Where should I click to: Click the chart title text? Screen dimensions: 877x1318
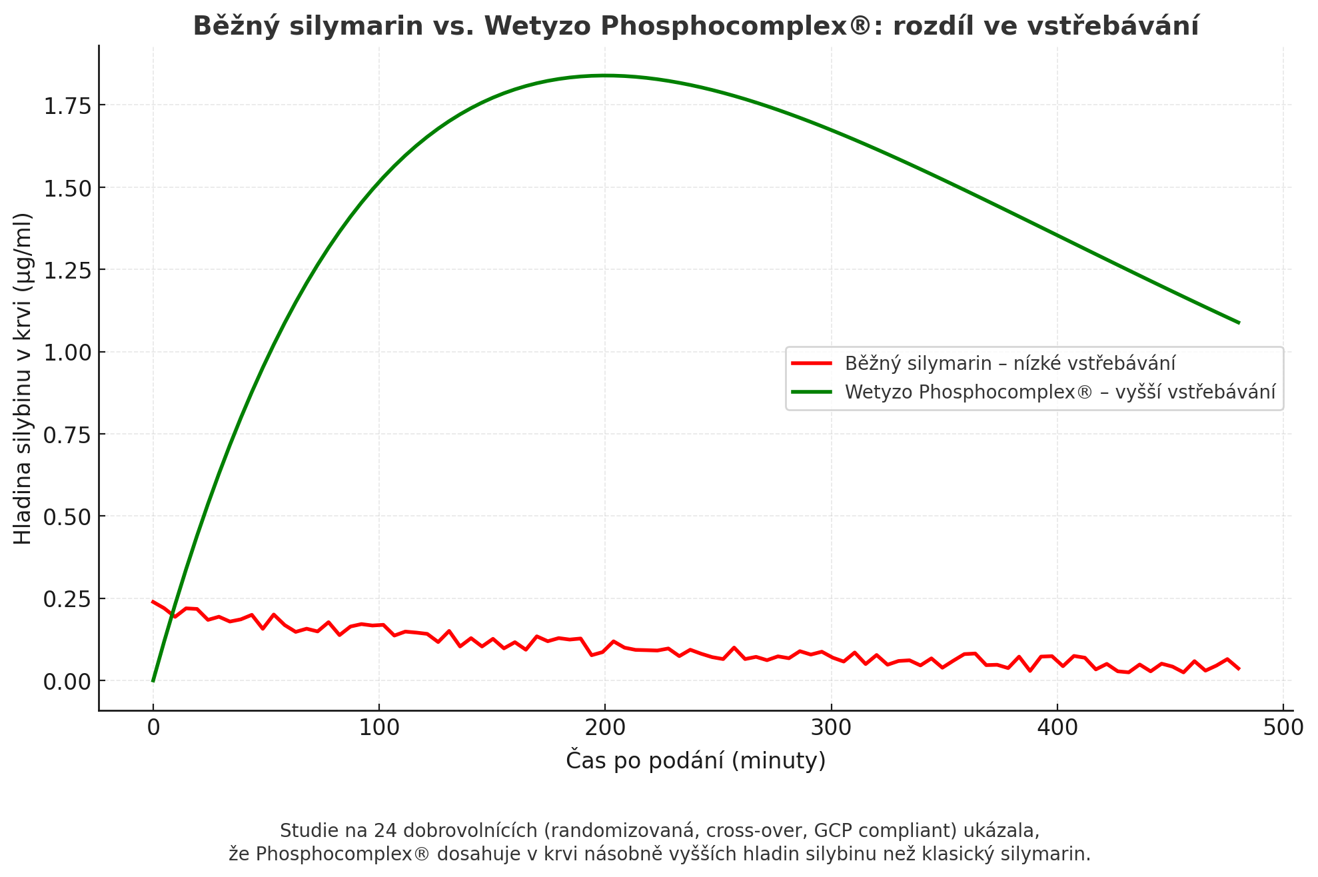[x=696, y=27]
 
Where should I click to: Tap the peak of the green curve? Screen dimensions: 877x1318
[x=605, y=75]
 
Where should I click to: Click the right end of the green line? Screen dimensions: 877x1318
[x=1239, y=323]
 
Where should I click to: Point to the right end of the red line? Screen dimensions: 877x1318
[x=1239, y=668]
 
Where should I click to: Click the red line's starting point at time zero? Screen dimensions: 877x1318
[x=153, y=602]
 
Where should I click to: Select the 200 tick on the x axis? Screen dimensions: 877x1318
[x=605, y=728]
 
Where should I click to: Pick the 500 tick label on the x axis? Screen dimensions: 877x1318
[x=1283, y=728]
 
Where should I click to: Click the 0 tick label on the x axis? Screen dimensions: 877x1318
[x=153, y=728]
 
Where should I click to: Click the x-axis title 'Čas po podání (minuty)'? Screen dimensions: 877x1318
[x=696, y=760]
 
